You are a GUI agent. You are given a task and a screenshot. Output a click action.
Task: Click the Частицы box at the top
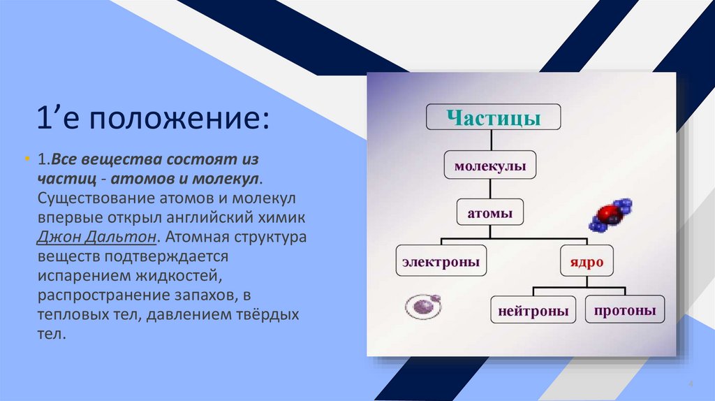pyautogui.click(x=494, y=117)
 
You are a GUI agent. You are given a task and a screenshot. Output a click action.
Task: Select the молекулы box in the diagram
pyautogui.click(x=489, y=165)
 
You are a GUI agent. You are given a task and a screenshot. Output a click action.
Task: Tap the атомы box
pyautogui.click(x=489, y=212)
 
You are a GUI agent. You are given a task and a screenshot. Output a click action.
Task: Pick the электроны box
pyautogui.click(x=441, y=261)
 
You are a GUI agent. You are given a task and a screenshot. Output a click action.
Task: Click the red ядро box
pyautogui.click(x=587, y=261)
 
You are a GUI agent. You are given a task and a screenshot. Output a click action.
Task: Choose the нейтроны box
pyautogui.click(x=533, y=309)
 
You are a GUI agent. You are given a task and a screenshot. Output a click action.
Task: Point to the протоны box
pyautogui.click(x=625, y=309)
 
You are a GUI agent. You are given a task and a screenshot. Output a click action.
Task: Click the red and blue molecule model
pyautogui.click(x=610, y=214)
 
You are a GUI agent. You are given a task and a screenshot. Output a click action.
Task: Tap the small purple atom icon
pyautogui.click(x=423, y=306)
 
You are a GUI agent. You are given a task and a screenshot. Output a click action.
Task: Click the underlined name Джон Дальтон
pyautogui.click(x=96, y=237)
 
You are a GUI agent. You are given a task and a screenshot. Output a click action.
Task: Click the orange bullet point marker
pyautogui.click(x=27, y=159)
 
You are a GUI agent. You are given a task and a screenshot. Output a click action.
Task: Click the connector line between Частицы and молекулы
pyautogui.click(x=491, y=140)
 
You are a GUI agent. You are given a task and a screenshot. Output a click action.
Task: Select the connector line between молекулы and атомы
pyautogui.click(x=490, y=189)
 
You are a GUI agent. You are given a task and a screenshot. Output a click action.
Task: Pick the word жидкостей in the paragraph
pyautogui.click(x=177, y=275)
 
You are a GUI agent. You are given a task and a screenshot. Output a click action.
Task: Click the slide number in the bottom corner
pyautogui.click(x=691, y=384)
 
